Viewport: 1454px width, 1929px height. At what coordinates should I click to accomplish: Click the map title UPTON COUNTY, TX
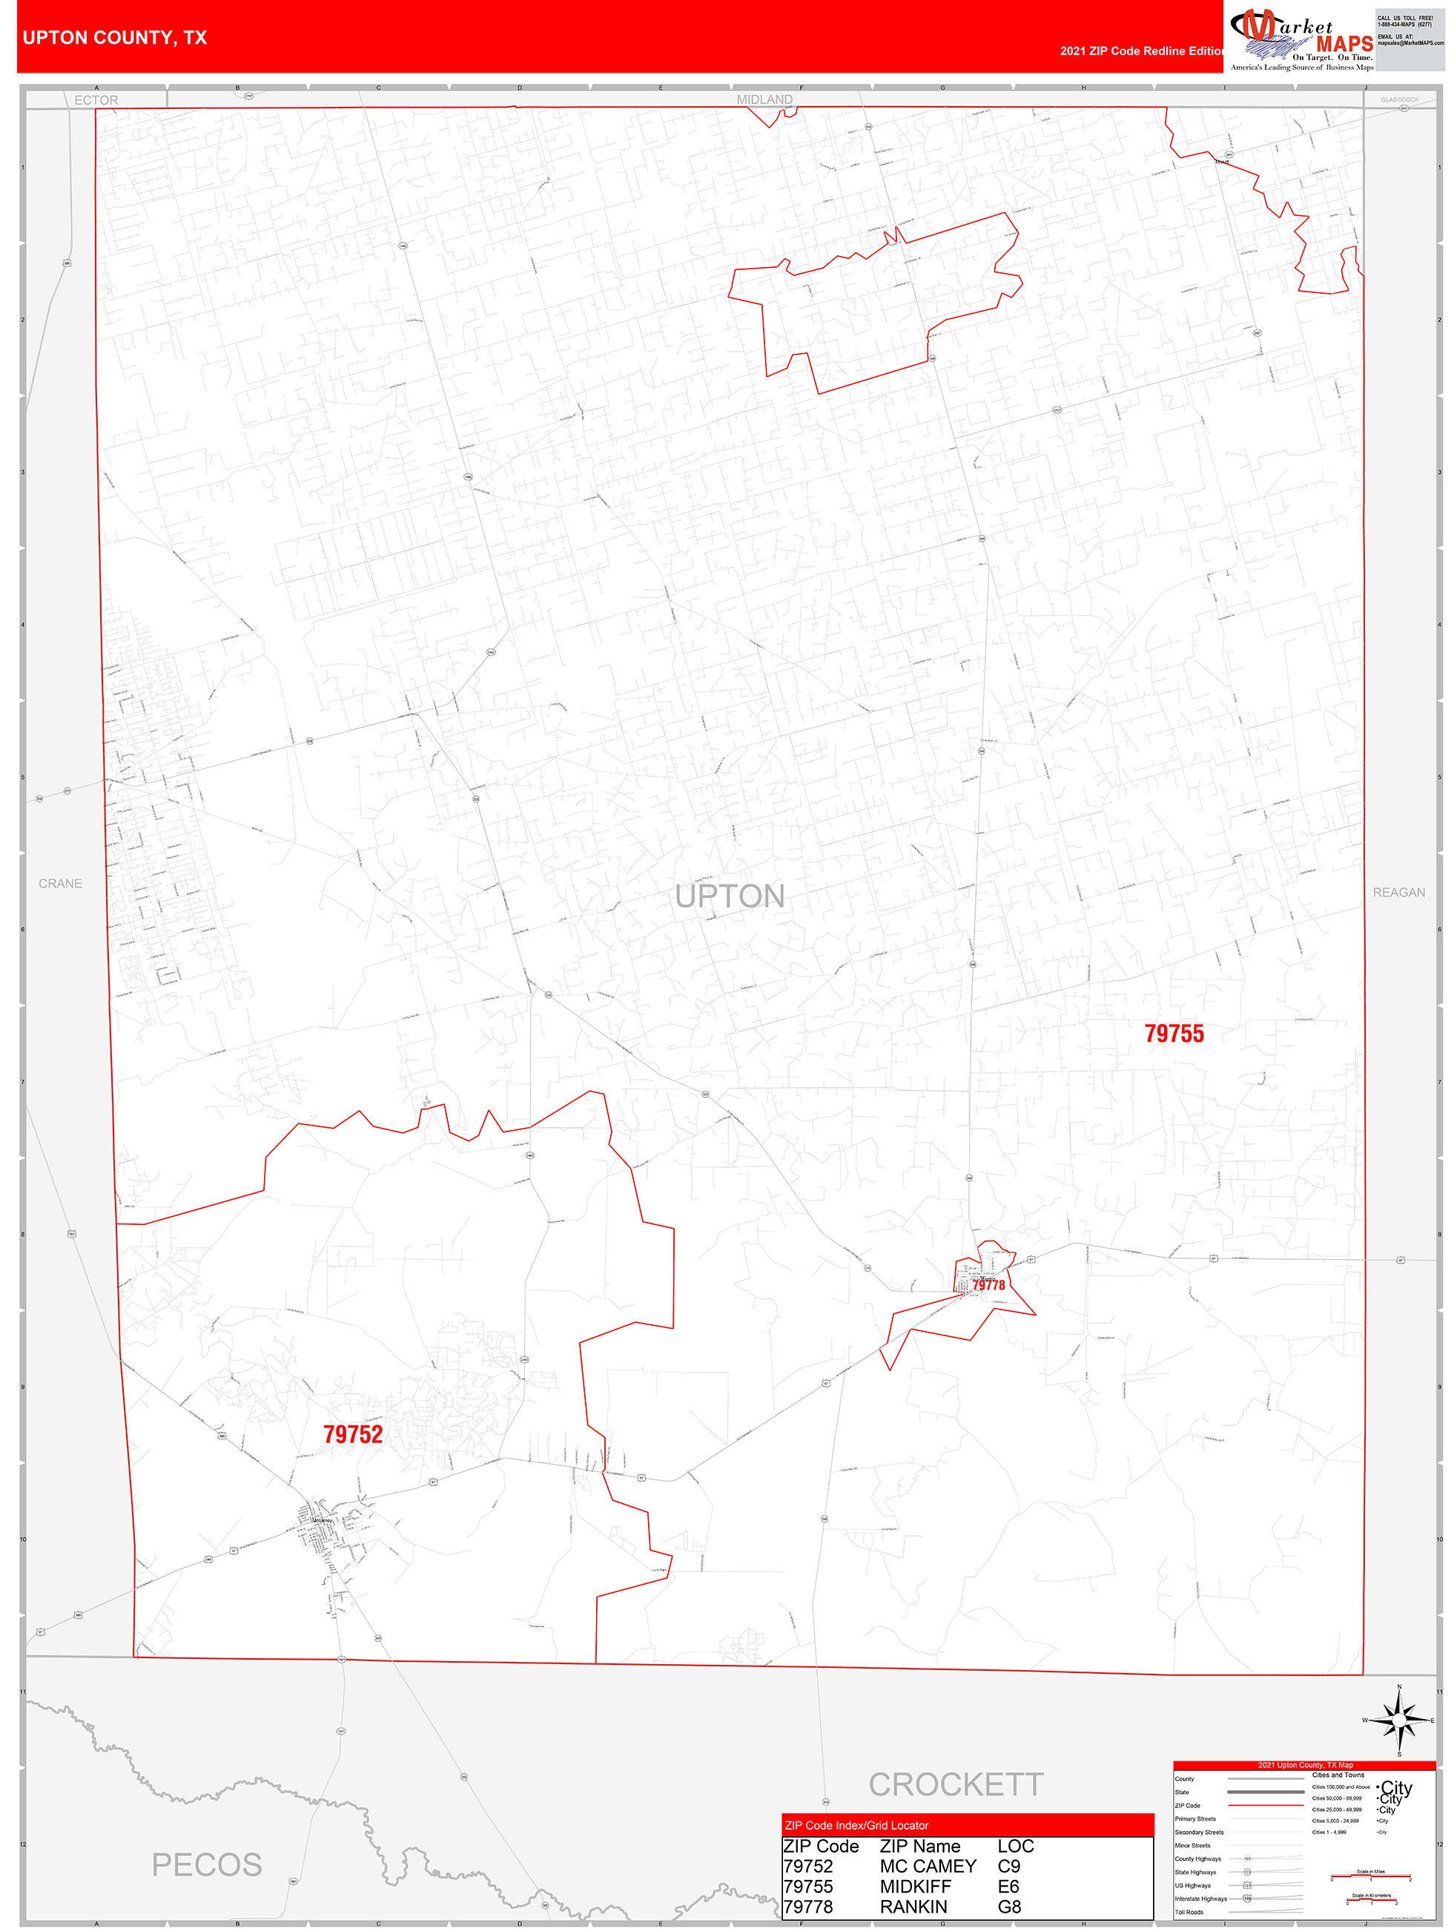(115, 38)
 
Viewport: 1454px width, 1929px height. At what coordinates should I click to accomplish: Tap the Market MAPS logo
(1301, 39)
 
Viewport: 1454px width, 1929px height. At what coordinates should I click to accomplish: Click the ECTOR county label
(96, 100)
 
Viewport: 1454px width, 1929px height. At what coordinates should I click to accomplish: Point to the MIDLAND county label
(764, 99)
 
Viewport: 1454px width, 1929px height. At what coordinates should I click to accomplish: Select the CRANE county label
(60, 884)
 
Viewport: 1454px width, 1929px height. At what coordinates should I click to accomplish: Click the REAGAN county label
(1398, 892)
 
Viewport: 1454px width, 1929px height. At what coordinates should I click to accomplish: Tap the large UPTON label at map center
(730, 896)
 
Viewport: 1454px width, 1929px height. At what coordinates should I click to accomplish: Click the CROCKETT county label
(956, 1784)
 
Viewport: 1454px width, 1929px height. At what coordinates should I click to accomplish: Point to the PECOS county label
(207, 1864)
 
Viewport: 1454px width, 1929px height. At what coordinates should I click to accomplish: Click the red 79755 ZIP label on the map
(1173, 1033)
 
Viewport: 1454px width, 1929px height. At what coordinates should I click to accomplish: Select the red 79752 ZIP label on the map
(353, 1435)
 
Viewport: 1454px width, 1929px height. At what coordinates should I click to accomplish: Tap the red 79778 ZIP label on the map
(988, 1284)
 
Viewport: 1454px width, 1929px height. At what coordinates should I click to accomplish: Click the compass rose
(1398, 1720)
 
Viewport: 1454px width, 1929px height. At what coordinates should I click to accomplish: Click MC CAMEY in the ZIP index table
(928, 1866)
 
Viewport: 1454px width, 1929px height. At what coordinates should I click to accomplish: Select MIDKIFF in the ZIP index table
(914, 1886)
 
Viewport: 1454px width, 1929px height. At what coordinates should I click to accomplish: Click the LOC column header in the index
(1016, 1846)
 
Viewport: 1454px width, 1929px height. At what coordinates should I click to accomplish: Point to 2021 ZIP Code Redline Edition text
(1141, 50)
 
